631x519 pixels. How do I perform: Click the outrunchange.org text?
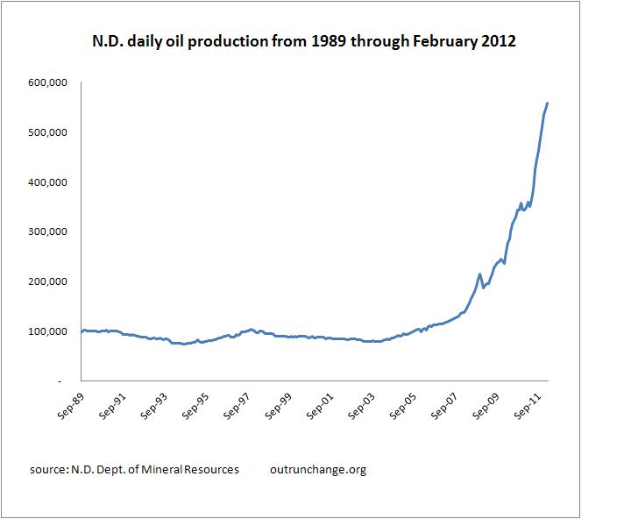pyautogui.click(x=319, y=469)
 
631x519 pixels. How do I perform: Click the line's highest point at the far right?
pyautogui.click(x=548, y=103)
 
